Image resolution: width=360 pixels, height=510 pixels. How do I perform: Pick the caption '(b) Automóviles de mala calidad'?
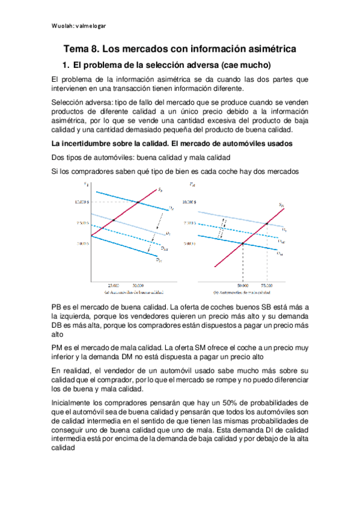tap(248, 292)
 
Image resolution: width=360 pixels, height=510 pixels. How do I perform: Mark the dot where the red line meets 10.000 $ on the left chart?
tap(138, 202)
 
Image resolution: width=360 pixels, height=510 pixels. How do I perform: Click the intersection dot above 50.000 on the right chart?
tap(242, 243)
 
